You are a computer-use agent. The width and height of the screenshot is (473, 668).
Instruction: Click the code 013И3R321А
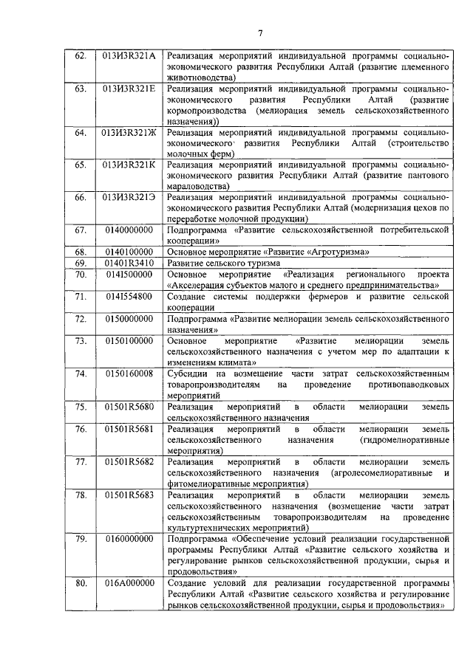point(129,56)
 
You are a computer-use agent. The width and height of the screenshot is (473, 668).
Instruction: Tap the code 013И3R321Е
point(129,89)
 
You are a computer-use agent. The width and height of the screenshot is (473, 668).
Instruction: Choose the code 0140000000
point(129,230)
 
